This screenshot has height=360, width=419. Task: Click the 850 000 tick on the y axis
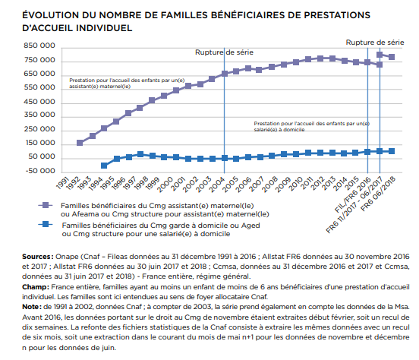click(x=39, y=46)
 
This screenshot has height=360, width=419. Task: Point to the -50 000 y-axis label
click(x=40, y=171)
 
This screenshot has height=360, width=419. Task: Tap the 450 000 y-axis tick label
click(x=39, y=102)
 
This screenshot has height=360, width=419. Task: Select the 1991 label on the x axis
click(x=63, y=183)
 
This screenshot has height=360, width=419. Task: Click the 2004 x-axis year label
click(x=216, y=185)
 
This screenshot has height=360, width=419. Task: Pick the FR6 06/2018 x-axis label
click(x=378, y=194)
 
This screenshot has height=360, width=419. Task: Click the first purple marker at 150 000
click(x=80, y=143)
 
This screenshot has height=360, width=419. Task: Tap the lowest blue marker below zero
click(x=104, y=166)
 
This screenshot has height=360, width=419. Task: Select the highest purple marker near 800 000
click(x=380, y=55)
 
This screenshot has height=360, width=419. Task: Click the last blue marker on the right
click(x=392, y=151)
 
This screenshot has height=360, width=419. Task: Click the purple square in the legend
click(x=46, y=205)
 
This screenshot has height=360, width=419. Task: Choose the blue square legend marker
click(x=46, y=224)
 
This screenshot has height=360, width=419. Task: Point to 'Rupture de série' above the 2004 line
click(x=224, y=52)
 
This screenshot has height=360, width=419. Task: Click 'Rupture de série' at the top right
click(x=375, y=43)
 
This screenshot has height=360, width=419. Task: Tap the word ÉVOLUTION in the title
click(x=51, y=15)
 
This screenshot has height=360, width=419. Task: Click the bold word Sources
click(x=37, y=257)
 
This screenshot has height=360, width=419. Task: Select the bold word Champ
click(x=35, y=287)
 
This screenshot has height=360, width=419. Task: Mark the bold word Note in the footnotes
click(x=31, y=307)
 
